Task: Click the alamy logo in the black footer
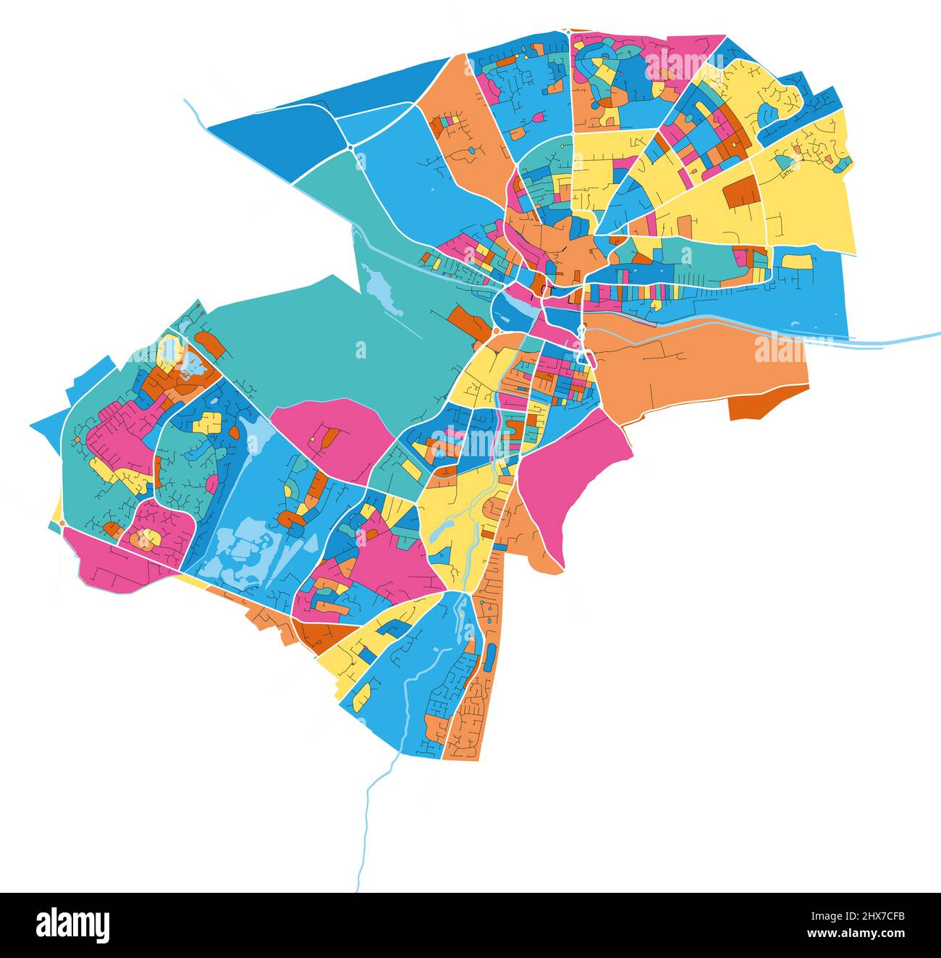pyautogui.click(x=72, y=925)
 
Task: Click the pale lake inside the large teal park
pyautogui.click(x=381, y=289)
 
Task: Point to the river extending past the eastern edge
pyautogui.click(x=905, y=338)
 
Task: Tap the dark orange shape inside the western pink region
pyautogui.click(x=329, y=437)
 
